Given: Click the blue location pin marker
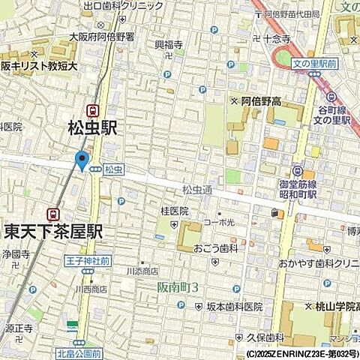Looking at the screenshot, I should [81, 160].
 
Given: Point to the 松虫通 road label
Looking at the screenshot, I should [197, 190].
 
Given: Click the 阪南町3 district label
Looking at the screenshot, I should [178, 287].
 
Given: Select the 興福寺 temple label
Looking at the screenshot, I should [169, 43].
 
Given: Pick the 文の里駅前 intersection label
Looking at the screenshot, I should [316, 64].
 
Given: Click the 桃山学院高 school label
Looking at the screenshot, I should [327, 307].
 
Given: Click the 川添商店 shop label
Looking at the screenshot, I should [142, 270].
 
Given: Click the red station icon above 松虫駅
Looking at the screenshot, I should [92, 109].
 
